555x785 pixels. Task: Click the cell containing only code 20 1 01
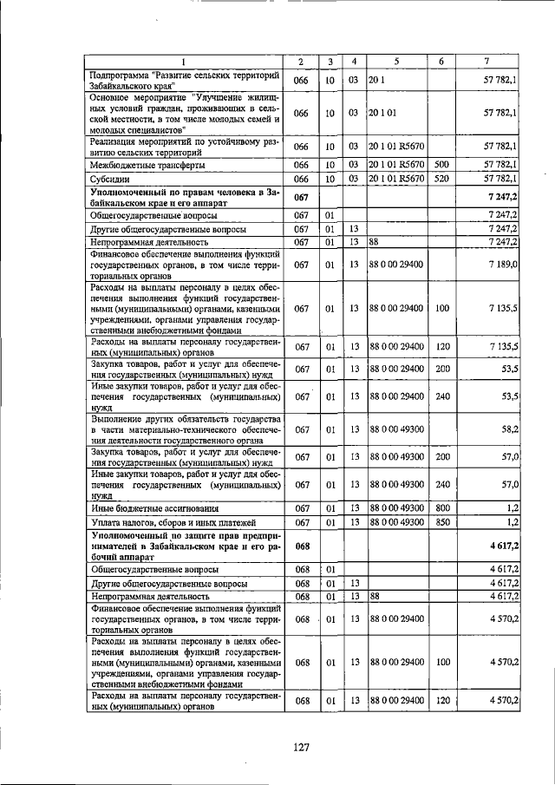point(382,113)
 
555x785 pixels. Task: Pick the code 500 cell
point(441,164)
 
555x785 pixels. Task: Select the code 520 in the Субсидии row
point(441,179)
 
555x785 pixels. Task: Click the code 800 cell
point(441,507)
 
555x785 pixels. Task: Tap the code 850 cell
point(441,522)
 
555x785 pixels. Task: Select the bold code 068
point(301,547)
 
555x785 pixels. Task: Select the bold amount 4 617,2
point(502,547)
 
